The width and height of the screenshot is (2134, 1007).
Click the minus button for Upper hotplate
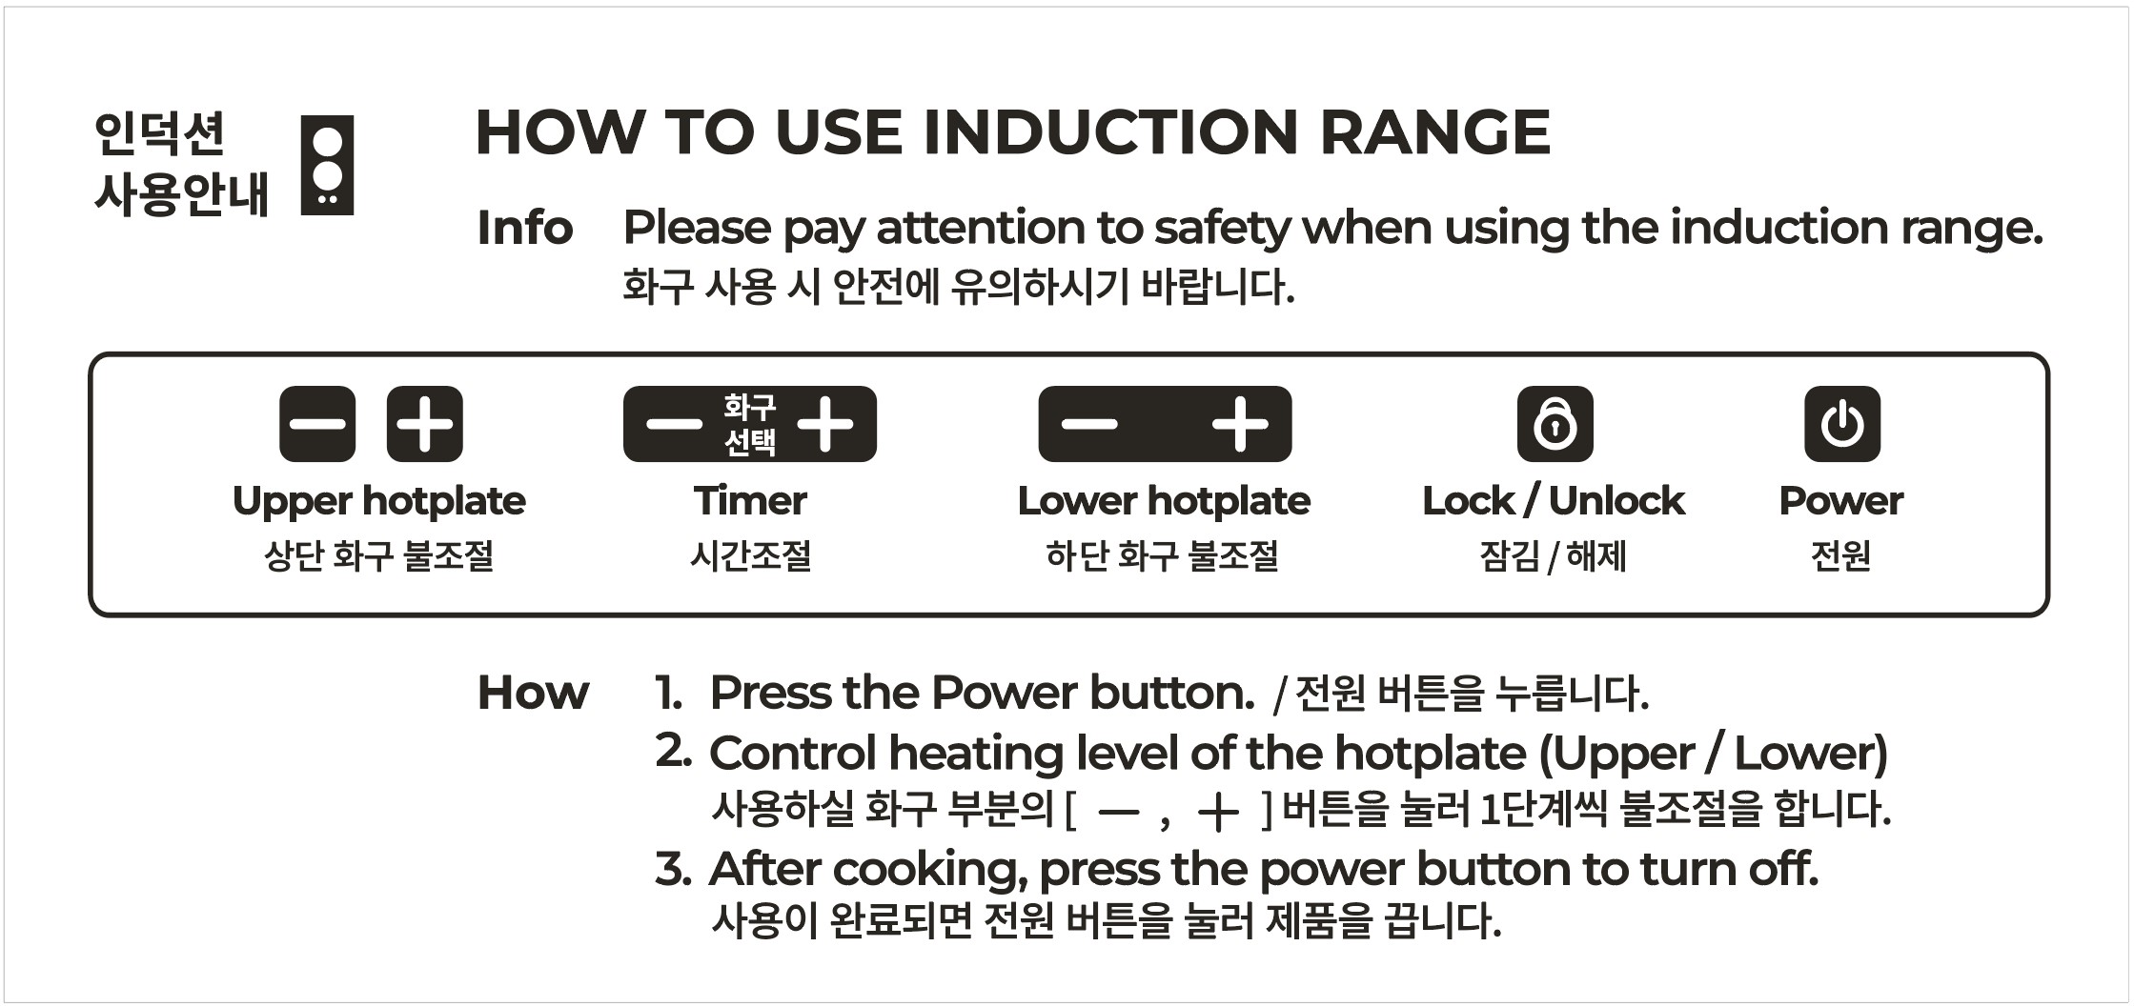tap(317, 424)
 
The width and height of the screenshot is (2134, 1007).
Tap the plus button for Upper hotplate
tap(425, 424)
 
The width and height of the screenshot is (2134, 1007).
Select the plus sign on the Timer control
tap(825, 424)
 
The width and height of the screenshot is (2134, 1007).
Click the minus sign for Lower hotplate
tap(1089, 424)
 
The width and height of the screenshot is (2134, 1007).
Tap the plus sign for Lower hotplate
tap(1240, 424)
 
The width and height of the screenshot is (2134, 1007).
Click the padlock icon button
tap(1555, 424)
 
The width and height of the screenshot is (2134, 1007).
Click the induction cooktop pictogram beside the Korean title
tap(327, 165)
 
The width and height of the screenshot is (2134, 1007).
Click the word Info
tap(524, 228)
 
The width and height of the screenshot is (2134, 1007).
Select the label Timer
tap(750, 500)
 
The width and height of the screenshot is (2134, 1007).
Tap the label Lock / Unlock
tap(1554, 500)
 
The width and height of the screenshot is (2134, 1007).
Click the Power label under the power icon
tap(1841, 500)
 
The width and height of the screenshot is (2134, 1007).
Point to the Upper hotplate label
tap(379, 501)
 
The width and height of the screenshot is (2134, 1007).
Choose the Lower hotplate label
tap(1164, 501)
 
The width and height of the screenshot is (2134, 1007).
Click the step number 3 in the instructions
tap(670, 869)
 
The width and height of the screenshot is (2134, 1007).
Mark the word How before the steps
tap(533, 693)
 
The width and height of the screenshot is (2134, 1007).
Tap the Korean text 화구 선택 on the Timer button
tap(750, 424)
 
